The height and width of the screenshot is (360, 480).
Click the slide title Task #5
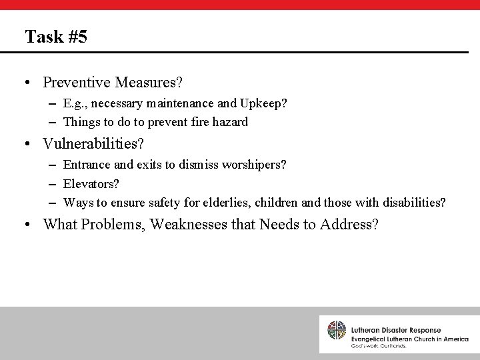pos(55,36)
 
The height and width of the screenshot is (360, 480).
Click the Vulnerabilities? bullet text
pos(93,143)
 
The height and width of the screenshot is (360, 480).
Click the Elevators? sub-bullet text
pos(91,183)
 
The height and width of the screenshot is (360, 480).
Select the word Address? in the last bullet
pos(349,224)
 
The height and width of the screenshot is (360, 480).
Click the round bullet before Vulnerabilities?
pos(29,144)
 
